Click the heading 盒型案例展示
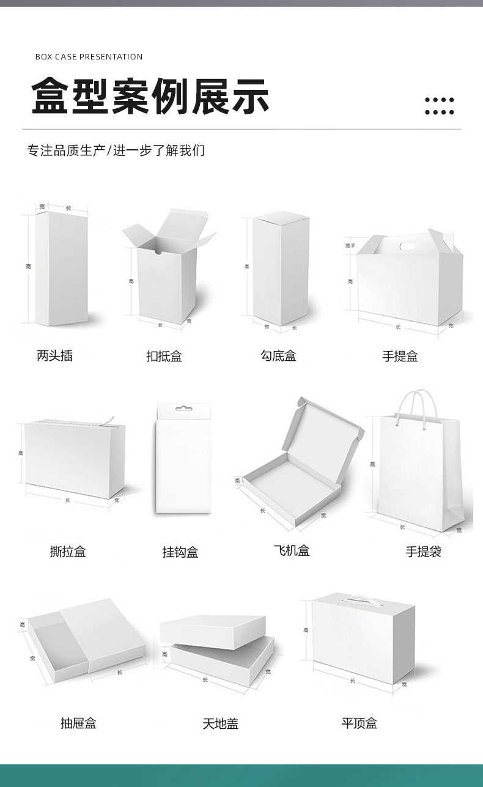pyautogui.click(x=150, y=97)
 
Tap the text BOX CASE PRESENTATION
pyautogui.click(x=89, y=57)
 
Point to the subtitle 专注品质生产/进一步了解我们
pyautogui.click(x=116, y=150)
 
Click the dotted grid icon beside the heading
pyautogui.click(x=439, y=106)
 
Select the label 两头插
pyautogui.click(x=54, y=356)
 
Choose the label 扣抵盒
pyautogui.click(x=164, y=357)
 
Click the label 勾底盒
pyautogui.click(x=278, y=356)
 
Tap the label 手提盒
pyautogui.click(x=400, y=357)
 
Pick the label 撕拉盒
pyautogui.click(x=68, y=552)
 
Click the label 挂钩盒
pyautogui.click(x=180, y=552)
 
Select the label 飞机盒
pyautogui.click(x=292, y=550)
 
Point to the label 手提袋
pyautogui.click(x=423, y=552)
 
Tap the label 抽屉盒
pyautogui.click(x=78, y=723)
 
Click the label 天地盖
pyautogui.click(x=220, y=724)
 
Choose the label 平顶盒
pyautogui.click(x=359, y=723)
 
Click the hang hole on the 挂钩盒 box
pyautogui.click(x=181, y=408)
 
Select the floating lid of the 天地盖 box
pyautogui.click(x=212, y=630)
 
